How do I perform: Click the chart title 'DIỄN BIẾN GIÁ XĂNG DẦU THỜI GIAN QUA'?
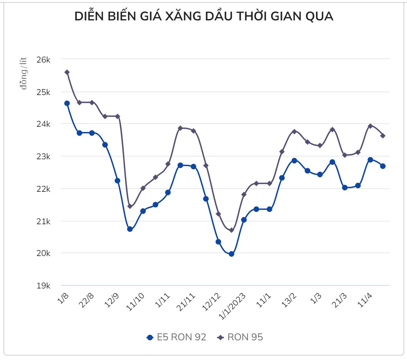204,16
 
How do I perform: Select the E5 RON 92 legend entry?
176,337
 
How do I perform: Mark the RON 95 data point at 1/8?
67,72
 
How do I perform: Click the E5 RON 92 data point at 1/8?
67,103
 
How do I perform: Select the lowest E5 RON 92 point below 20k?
231,254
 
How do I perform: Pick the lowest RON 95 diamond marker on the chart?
231,230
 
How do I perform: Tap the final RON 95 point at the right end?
383,136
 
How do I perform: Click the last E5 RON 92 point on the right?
383,166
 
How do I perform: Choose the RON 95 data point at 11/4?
370,126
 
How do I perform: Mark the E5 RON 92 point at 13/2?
294,161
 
